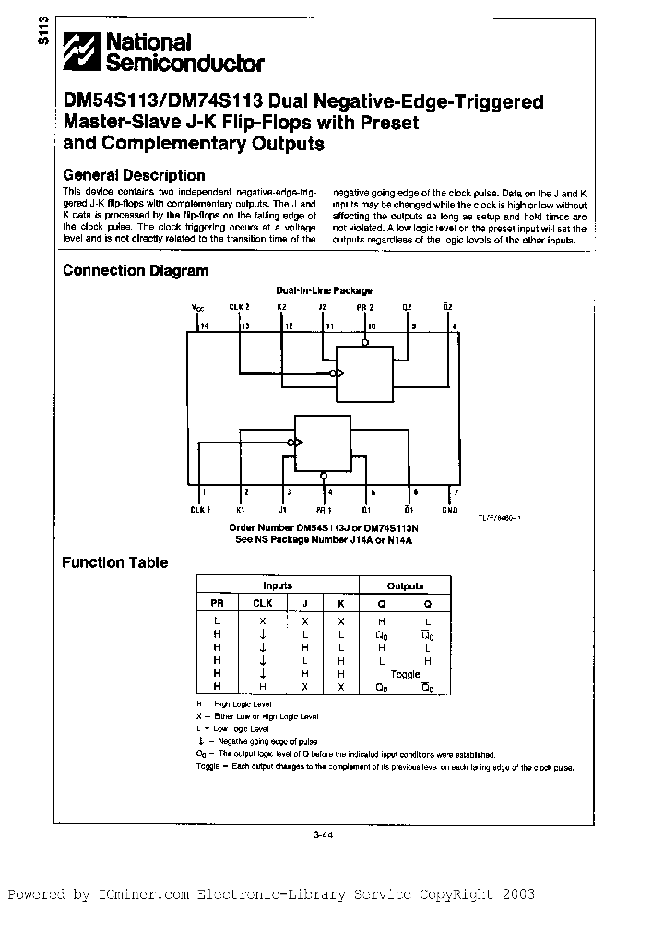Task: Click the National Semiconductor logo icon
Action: (x=81, y=53)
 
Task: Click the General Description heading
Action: (x=133, y=175)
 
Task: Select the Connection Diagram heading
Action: (x=135, y=271)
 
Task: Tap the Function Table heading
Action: (x=114, y=562)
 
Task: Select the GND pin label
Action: (x=449, y=509)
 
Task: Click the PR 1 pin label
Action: (x=324, y=509)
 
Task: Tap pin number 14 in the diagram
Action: (x=204, y=325)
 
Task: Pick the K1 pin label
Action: (x=241, y=509)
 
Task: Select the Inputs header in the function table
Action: (x=277, y=585)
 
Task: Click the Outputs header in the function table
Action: (x=405, y=585)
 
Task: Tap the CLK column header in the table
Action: (x=263, y=603)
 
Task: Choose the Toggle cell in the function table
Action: (x=405, y=674)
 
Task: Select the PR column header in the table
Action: (x=218, y=603)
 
